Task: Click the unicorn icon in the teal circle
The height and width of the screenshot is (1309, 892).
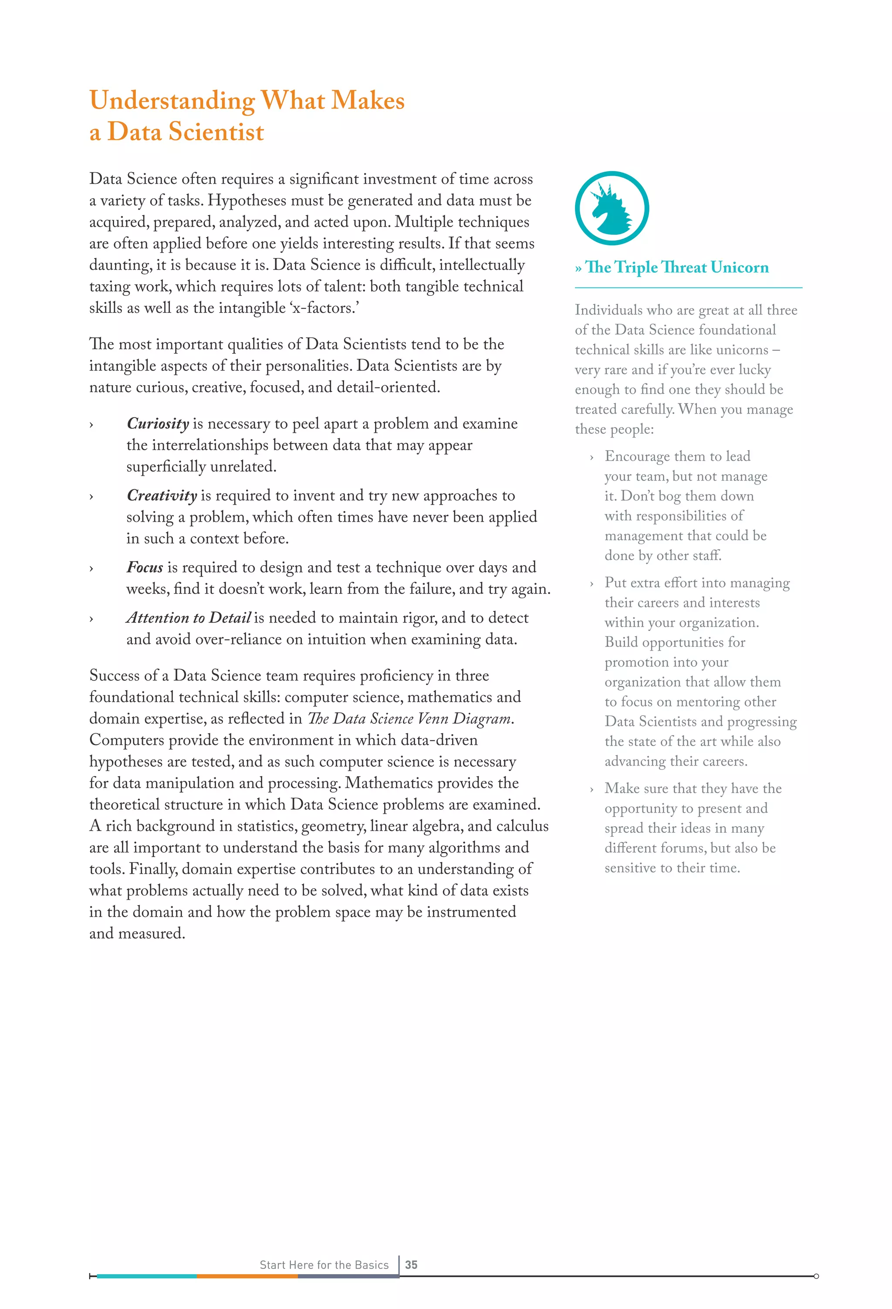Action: point(612,208)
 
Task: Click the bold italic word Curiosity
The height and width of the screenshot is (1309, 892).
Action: point(158,424)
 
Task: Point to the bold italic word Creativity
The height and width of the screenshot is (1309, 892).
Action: point(162,495)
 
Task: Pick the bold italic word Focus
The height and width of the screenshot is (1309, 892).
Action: point(145,567)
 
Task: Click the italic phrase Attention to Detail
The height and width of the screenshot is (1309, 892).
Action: point(188,618)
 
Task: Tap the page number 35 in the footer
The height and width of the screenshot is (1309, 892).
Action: point(411,1265)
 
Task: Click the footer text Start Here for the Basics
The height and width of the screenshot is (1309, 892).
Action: point(324,1265)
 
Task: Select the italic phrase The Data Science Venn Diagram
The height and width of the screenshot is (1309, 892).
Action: point(409,719)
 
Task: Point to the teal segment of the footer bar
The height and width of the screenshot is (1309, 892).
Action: point(146,1276)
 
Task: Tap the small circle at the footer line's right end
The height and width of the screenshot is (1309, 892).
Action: point(816,1276)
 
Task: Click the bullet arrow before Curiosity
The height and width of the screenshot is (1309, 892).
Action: point(91,425)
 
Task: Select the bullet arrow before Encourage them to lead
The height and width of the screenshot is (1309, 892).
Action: point(591,458)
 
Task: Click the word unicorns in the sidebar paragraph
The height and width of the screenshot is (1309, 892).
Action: point(739,350)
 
